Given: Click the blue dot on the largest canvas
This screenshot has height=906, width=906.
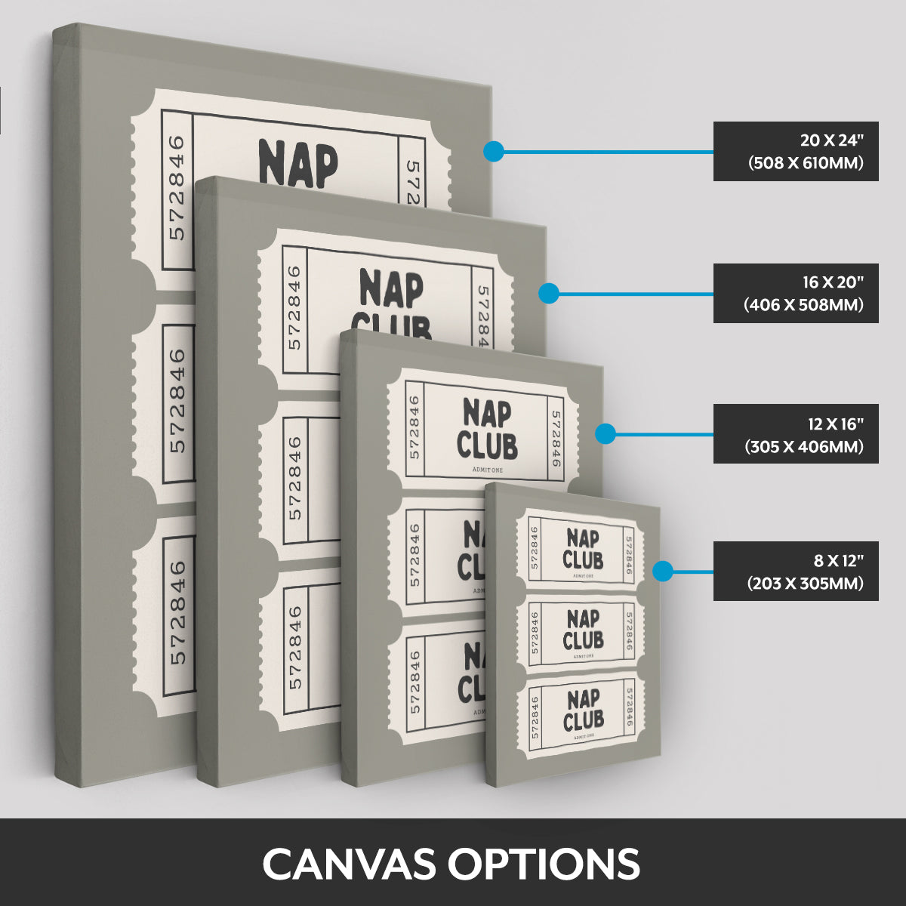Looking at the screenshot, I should (x=493, y=151).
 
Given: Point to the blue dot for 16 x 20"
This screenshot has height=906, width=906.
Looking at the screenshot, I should (x=549, y=293).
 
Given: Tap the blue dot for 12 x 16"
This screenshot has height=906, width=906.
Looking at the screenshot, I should (x=605, y=433).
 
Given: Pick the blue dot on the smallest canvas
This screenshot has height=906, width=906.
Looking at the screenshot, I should (x=663, y=571).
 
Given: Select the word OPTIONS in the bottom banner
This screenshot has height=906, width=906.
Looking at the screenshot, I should (x=544, y=863).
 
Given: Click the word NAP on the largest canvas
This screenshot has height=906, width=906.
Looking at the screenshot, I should (x=297, y=163).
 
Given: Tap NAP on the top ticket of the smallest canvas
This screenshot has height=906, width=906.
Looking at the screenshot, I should (x=583, y=539).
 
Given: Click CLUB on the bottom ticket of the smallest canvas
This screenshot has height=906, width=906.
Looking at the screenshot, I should (x=583, y=720).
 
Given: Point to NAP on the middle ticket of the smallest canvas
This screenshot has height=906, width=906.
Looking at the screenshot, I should (x=583, y=619).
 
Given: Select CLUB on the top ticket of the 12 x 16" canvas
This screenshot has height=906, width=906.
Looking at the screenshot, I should (x=487, y=445).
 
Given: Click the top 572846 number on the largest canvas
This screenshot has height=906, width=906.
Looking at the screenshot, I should (x=177, y=187).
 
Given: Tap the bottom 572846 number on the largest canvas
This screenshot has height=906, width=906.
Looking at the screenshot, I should (x=177, y=612).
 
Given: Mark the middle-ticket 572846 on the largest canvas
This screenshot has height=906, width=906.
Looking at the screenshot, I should (x=177, y=400).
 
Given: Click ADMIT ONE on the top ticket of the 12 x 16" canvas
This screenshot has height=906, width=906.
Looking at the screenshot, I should (x=487, y=470).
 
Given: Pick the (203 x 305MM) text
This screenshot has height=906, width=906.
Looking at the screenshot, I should (x=805, y=583).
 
